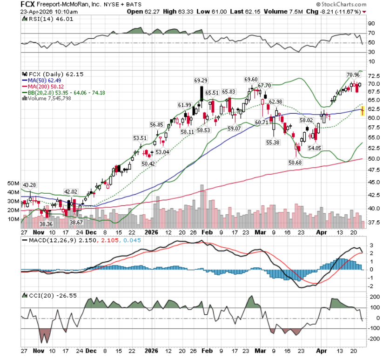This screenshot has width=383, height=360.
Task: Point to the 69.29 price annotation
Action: pos(200,81)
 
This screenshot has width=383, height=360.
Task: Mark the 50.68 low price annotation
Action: pos(295,163)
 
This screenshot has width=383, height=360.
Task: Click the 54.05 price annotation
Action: pos(315,148)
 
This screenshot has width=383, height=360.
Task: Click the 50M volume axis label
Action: pos(13,183)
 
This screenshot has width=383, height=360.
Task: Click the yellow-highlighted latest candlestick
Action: pos(362,111)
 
